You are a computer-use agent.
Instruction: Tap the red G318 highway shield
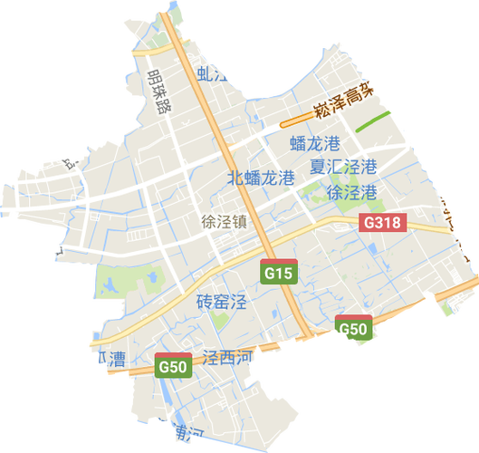tap(382, 221)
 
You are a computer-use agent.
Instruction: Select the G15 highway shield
tap(279, 271)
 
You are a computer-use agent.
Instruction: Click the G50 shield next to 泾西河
tap(172, 366)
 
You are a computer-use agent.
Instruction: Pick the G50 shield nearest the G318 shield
tap(352, 328)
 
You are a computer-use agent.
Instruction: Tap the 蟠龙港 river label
tap(314, 143)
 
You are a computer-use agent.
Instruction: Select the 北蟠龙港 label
tap(261, 177)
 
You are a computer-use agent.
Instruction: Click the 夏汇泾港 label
tap(343, 168)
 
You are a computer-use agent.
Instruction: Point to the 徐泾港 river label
tap(351, 192)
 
